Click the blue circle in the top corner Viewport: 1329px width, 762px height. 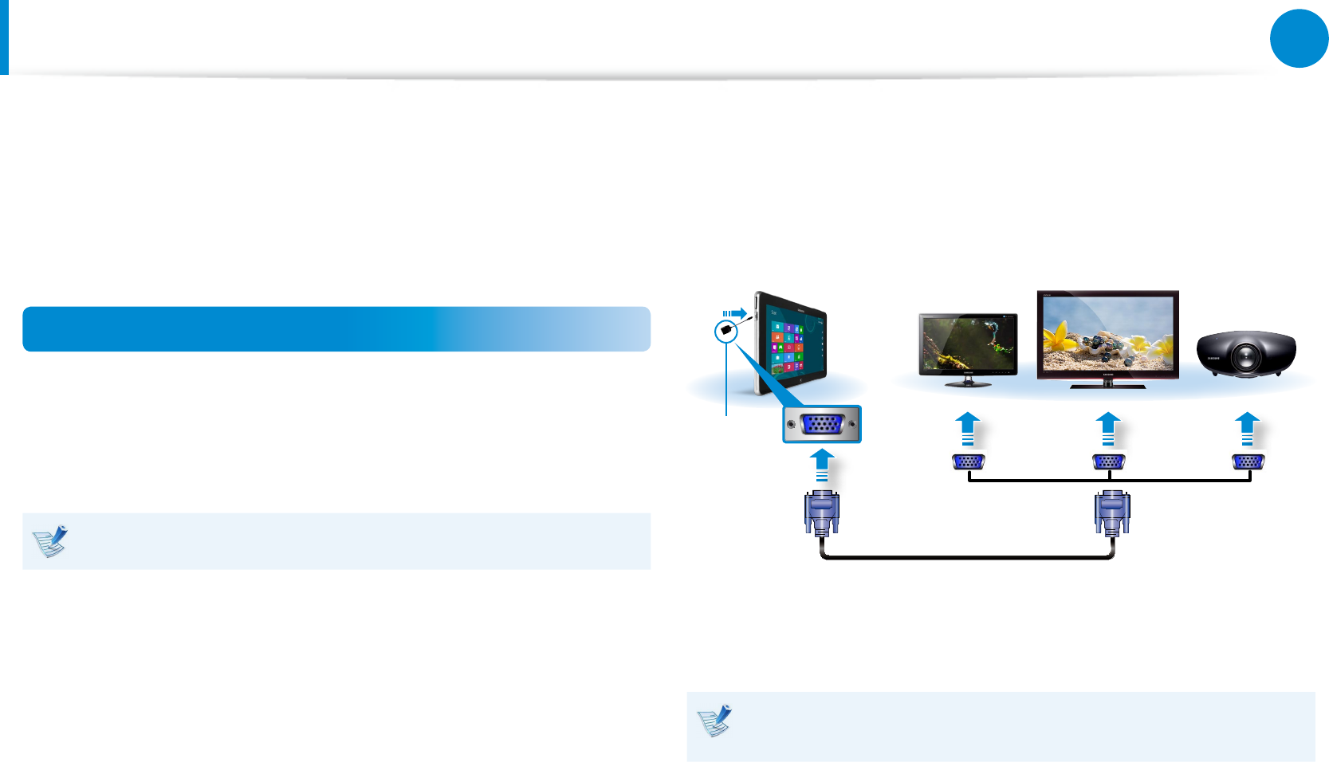[1299, 38]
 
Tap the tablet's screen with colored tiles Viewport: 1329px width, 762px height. [793, 348]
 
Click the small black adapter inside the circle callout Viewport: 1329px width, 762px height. [725, 330]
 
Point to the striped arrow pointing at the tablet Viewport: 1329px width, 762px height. [734, 313]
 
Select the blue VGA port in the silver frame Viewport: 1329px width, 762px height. [822, 424]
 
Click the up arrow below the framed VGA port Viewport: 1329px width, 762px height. [822, 465]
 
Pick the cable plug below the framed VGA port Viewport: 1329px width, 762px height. [822, 513]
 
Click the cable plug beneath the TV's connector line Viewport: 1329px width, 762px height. [1112, 513]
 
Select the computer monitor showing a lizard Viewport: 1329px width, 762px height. [968, 344]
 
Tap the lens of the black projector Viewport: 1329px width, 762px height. [1244, 359]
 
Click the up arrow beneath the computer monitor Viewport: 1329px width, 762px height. [967, 428]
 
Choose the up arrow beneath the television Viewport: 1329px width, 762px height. [1108, 428]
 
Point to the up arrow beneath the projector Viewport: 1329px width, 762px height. [1248, 428]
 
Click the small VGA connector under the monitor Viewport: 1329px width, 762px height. [969, 462]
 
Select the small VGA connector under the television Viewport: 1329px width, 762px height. [1108, 462]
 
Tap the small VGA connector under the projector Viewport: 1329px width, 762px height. [1248, 462]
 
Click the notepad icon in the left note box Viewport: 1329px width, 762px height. [50, 541]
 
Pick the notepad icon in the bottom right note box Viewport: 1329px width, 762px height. [714, 721]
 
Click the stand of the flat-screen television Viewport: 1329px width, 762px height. [1107, 384]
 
